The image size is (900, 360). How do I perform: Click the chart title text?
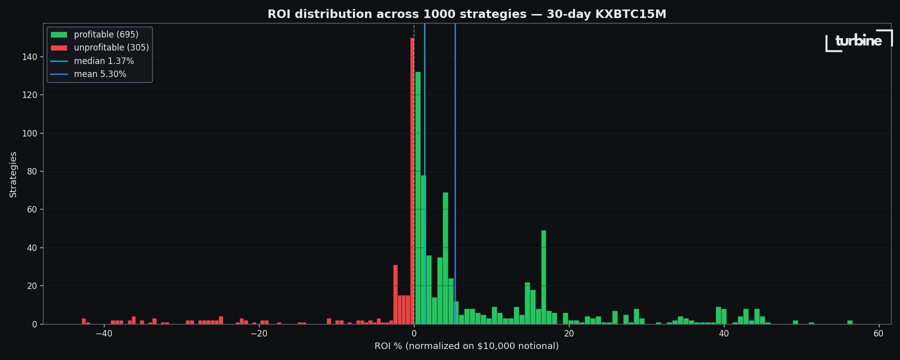click(x=466, y=14)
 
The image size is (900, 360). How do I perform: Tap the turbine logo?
click(x=858, y=41)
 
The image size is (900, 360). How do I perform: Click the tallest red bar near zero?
click(x=412, y=180)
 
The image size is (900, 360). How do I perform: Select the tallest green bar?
click(x=418, y=200)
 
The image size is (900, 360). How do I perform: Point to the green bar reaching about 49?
click(x=543, y=277)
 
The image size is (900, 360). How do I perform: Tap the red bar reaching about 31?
click(x=395, y=295)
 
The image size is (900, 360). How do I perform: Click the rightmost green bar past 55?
click(x=850, y=322)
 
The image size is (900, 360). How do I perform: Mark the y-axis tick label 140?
click(x=29, y=57)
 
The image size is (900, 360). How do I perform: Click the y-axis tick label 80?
click(x=31, y=171)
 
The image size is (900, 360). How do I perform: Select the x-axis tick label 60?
click(x=878, y=334)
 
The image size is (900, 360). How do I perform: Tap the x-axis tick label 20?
click(x=568, y=334)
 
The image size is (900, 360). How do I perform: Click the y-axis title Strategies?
click(x=13, y=174)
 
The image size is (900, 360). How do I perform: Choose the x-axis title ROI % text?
click(x=466, y=346)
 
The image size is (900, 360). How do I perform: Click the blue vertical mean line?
click(x=455, y=150)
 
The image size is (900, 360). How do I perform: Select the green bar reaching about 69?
click(x=445, y=260)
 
